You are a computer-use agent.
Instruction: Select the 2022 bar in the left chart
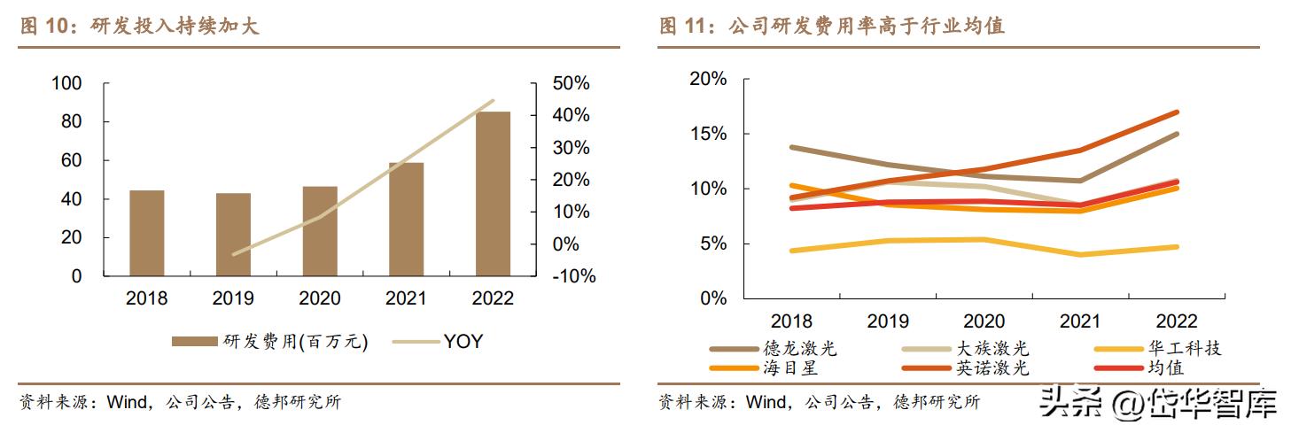tap(493, 194)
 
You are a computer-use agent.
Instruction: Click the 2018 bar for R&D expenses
tap(147, 233)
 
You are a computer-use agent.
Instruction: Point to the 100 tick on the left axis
tap(67, 83)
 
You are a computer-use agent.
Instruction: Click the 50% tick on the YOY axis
tap(572, 83)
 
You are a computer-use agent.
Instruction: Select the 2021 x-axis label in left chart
tap(406, 298)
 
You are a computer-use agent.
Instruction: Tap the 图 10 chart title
tap(140, 27)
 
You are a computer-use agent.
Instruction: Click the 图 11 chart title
tap(832, 27)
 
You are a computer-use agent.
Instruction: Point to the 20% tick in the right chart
tap(708, 79)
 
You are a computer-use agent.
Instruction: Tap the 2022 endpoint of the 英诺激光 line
tap(1177, 112)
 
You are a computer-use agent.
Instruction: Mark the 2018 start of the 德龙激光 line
tap(791, 147)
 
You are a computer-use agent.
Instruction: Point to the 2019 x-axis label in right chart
tap(888, 321)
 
